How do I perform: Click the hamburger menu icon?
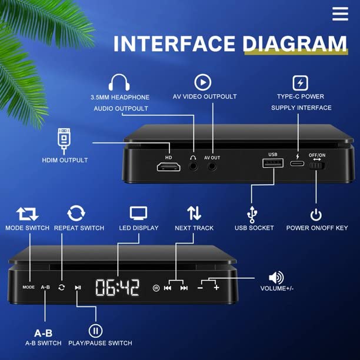pyautogui.click(x=340, y=14)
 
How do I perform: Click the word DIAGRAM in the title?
pyautogui.click(x=295, y=44)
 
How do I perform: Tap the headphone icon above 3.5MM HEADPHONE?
pyautogui.click(x=119, y=82)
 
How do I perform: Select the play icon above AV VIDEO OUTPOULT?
pyautogui.click(x=203, y=82)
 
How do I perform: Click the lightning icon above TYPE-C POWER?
pyautogui.click(x=301, y=82)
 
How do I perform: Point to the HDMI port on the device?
pyautogui.click(x=168, y=167)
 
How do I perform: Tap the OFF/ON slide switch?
pyautogui.click(x=318, y=166)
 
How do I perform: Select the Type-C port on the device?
pyautogui.click(x=298, y=165)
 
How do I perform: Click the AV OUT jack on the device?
pyautogui.click(x=212, y=166)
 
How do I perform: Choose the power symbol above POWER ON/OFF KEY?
pyautogui.click(x=316, y=215)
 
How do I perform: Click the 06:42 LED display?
pyautogui.click(x=118, y=287)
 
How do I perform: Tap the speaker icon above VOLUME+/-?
pyautogui.click(x=276, y=278)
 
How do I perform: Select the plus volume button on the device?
pyautogui.click(x=216, y=287)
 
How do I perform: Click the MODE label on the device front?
pyautogui.click(x=29, y=287)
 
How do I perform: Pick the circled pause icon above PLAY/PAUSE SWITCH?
pyautogui.click(x=95, y=331)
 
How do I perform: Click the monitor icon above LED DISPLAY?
pyautogui.click(x=139, y=213)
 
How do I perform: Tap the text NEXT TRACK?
pyautogui.click(x=194, y=228)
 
